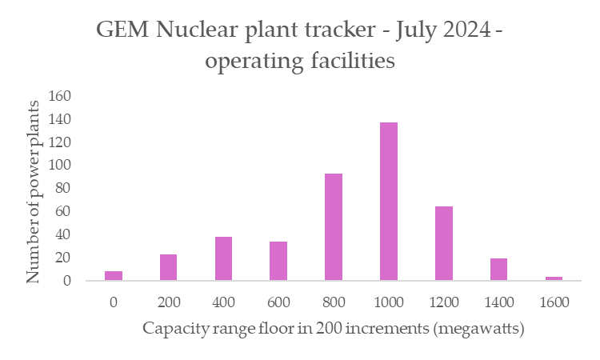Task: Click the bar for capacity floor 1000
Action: point(389,202)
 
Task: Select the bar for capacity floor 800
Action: point(334,227)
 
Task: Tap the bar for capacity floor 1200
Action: point(444,243)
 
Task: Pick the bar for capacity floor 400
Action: point(223,258)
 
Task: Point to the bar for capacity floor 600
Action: point(278,261)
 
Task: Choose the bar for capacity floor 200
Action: point(168,267)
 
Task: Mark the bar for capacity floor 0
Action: point(114,276)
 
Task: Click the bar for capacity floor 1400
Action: point(498,270)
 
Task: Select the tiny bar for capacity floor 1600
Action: point(554,278)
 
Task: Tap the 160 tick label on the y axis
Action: point(61,96)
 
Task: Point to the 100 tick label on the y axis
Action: point(61,166)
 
